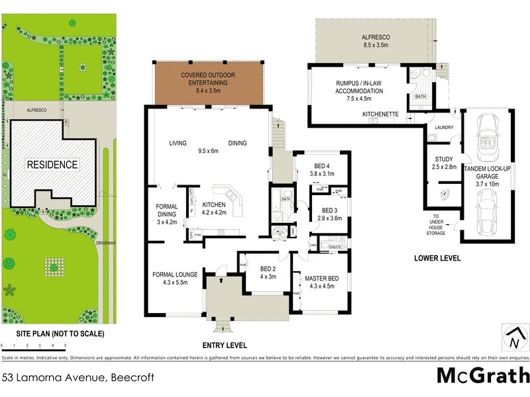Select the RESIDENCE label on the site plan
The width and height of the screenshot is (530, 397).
click(52, 165)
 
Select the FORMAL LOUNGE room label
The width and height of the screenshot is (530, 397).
click(171, 278)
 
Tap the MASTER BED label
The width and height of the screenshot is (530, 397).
click(321, 283)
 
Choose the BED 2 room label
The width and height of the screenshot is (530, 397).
click(268, 273)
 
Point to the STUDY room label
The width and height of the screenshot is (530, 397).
click(445, 163)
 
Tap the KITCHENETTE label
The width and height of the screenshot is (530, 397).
click(380, 114)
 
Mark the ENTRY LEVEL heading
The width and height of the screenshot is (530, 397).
click(224, 345)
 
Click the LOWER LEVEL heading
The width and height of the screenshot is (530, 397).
click(437, 258)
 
